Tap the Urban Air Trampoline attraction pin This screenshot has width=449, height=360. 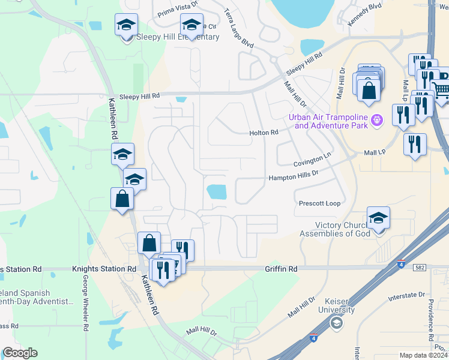[376, 119]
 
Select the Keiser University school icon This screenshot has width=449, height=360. [337, 323]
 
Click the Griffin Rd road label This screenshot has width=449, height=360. [282, 269]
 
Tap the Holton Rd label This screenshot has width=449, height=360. [264, 133]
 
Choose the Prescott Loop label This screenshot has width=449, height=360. [319, 203]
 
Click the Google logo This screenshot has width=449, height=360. [20, 353]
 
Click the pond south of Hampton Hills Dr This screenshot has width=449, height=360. [217, 192]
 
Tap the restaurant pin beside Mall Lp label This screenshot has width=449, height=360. [414, 144]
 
